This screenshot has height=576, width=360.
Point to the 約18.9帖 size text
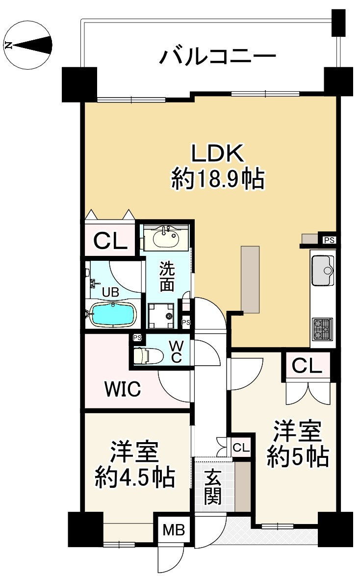tap(217, 180)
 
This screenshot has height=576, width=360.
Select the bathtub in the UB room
tap(114, 314)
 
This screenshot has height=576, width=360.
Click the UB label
tap(110, 292)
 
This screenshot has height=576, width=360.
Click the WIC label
tap(123, 390)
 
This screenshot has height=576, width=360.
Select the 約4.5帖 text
tap(135, 476)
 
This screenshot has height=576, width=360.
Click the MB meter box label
tap(174, 530)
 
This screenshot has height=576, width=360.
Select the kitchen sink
tap(323, 270)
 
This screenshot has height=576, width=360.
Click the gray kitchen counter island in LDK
tap(250, 278)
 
